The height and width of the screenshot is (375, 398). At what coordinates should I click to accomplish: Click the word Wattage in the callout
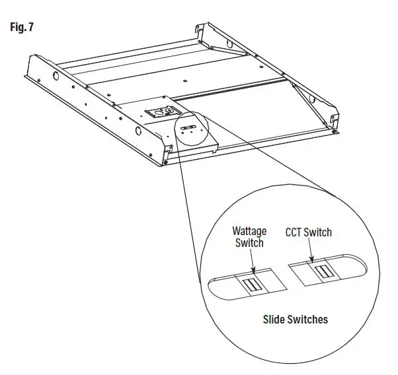(249, 232)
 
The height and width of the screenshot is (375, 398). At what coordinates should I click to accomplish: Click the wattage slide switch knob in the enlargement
(251, 285)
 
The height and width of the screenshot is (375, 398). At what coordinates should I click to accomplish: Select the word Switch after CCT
(319, 232)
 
